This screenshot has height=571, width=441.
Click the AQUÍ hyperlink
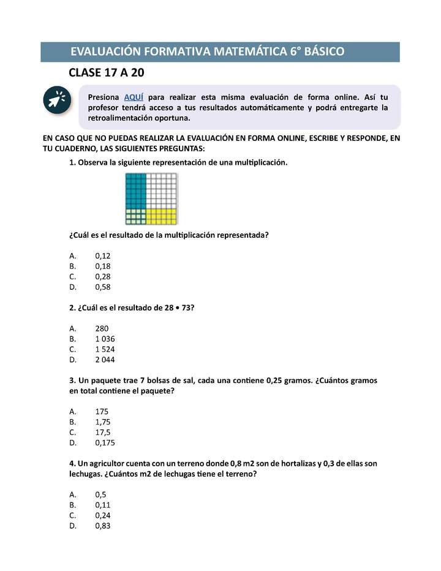(x=134, y=97)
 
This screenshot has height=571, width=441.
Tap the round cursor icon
(x=57, y=100)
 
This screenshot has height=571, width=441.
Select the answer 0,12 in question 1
(x=103, y=256)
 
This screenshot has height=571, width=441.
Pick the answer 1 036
(x=105, y=339)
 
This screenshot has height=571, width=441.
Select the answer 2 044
(x=105, y=360)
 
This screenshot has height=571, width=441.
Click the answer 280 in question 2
(x=102, y=328)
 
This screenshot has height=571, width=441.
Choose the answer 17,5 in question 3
(x=103, y=433)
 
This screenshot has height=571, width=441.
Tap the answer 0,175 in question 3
(x=105, y=443)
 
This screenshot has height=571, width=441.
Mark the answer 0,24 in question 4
(x=103, y=516)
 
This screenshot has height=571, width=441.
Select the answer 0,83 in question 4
(x=103, y=526)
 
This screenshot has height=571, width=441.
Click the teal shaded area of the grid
(x=135, y=191)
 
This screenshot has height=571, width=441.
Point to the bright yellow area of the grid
(x=162, y=216)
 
